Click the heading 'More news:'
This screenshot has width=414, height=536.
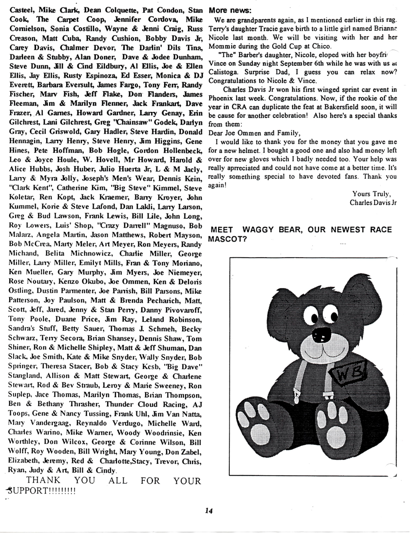pos(230,10)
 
